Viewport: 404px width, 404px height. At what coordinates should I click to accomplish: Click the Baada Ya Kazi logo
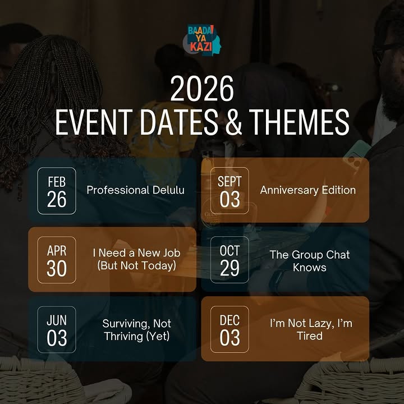point(202,43)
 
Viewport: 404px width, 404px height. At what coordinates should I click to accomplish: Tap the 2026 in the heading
point(201,90)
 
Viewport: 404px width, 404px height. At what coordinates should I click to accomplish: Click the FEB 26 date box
point(57,190)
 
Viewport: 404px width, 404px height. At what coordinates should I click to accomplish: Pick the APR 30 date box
point(57,260)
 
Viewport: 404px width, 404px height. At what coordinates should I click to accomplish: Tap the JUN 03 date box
point(57,329)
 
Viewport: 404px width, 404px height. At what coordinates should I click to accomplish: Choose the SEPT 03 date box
point(229,190)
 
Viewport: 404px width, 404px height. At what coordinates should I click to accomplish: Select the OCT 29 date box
point(229,260)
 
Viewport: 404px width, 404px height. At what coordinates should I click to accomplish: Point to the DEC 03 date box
point(229,329)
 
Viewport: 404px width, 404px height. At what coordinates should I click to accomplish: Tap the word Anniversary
point(287,190)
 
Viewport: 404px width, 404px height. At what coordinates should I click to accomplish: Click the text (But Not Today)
point(136,266)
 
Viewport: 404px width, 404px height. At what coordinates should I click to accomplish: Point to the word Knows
point(309,267)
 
